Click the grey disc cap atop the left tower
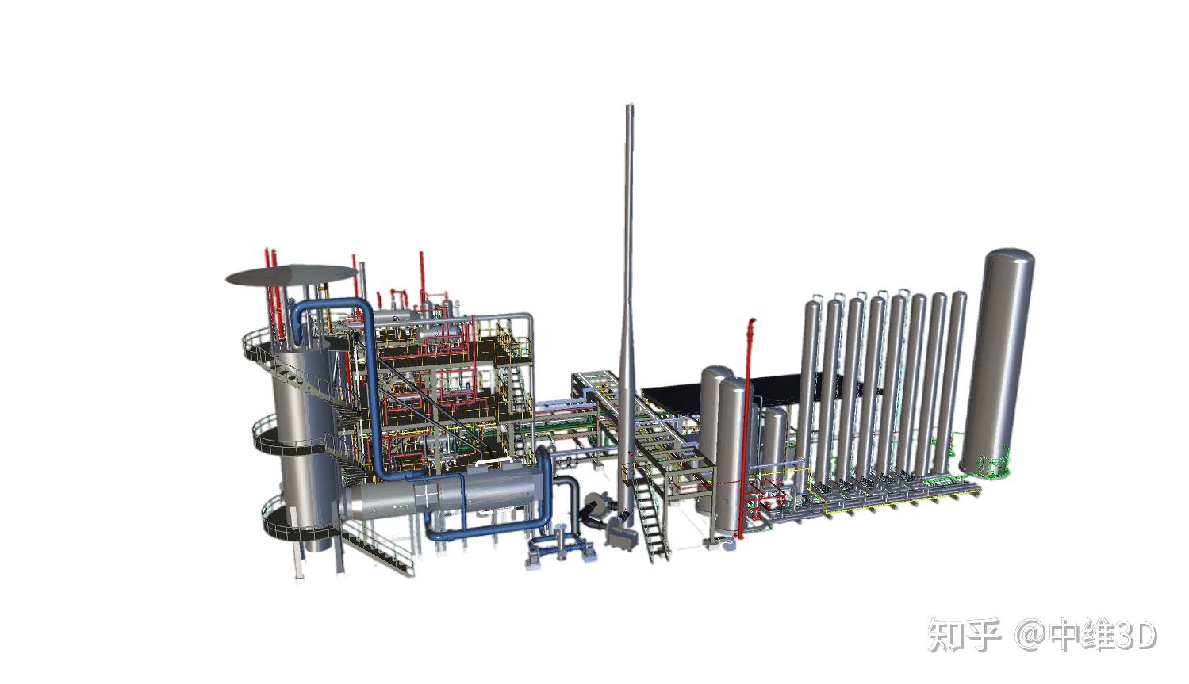click(x=292, y=275)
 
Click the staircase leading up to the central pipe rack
click(x=650, y=514)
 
